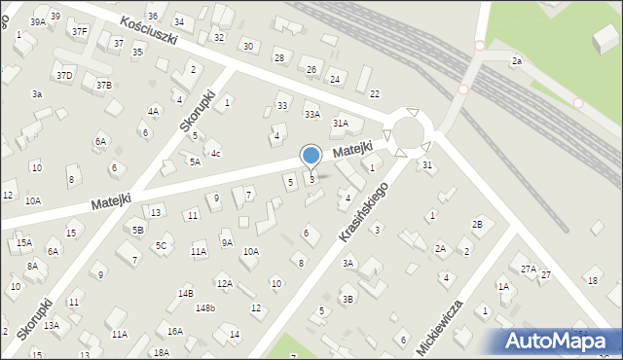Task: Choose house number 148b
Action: (204, 308)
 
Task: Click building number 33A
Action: (311, 114)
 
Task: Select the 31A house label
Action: (340, 124)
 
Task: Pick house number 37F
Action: (79, 31)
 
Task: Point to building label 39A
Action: (38, 21)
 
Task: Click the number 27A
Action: (529, 269)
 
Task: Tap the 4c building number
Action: (216, 153)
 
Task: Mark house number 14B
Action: (185, 293)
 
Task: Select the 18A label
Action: (161, 353)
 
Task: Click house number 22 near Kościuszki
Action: (374, 93)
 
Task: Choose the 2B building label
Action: (477, 225)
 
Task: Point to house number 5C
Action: (161, 246)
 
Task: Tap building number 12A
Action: (224, 284)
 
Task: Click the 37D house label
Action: (63, 75)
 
